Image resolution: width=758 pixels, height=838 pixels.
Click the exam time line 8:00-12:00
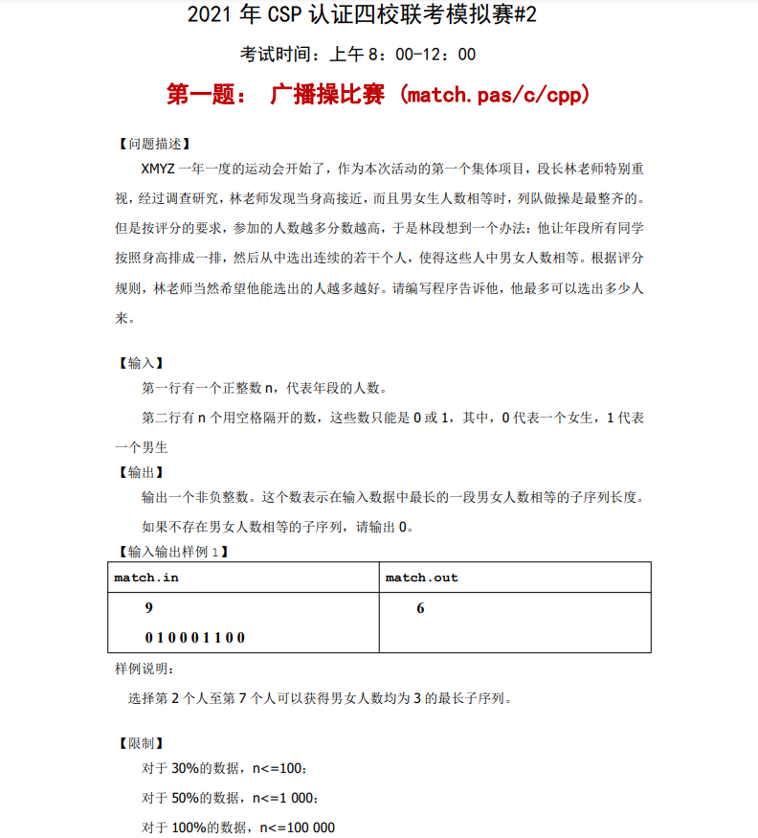pyautogui.click(x=358, y=55)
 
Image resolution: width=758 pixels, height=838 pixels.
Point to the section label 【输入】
pyautogui.click(x=139, y=363)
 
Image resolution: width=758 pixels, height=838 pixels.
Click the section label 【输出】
pyautogui.click(x=139, y=472)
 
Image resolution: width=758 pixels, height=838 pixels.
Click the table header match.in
pyautogui.click(x=146, y=578)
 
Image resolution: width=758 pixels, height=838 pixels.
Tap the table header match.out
pyautogui.click(x=421, y=578)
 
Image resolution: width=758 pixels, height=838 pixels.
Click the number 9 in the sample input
pyautogui.click(x=148, y=609)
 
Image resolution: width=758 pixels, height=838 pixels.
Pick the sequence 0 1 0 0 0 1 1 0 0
pyautogui.click(x=195, y=637)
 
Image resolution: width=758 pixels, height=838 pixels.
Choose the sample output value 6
pyautogui.click(x=420, y=609)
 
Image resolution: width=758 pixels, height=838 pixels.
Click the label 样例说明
pyautogui.click(x=145, y=668)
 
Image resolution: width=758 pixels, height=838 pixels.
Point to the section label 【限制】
pyautogui.click(x=139, y=743)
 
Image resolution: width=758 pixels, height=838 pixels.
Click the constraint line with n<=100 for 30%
pyautogui.click(x=224, y=768)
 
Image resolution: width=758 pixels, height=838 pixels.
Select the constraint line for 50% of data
pyautogui.click(x=230, y=798)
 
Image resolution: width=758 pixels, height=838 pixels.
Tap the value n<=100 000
pyautogui.click(x=297, y=827)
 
